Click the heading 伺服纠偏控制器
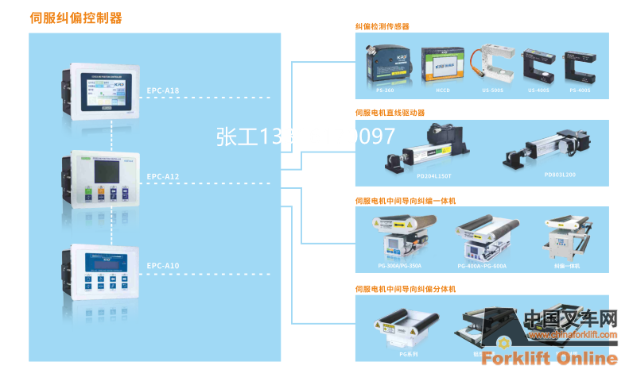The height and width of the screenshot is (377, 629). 76,16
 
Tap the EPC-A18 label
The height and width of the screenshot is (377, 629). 163,91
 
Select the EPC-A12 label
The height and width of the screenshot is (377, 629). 163,176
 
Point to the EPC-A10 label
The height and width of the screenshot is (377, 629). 163,265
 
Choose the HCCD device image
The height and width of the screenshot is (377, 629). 442,63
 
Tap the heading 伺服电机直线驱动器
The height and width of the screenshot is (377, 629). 395,113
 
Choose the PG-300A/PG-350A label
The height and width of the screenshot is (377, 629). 400,265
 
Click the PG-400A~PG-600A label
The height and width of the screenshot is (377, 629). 482,265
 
